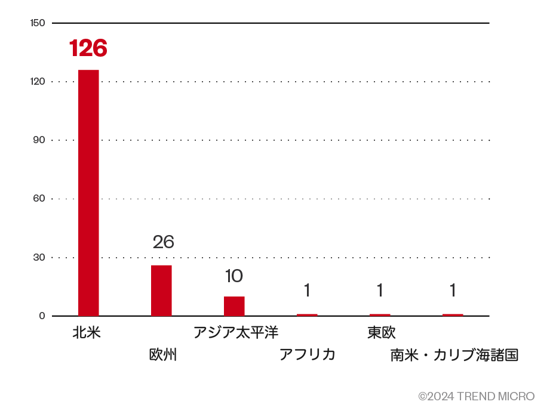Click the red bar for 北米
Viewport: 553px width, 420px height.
pyautogui.click(x=88, y=193)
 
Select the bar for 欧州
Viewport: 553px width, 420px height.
pyautogui.click(x=161, y=291)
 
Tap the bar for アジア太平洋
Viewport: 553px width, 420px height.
pyautogui.click(x=234, y=306)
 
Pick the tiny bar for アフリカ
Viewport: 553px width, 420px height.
pyautogui.click(x=307, y=314)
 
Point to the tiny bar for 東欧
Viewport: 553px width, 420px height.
pyautogui.click(x=380, y=314)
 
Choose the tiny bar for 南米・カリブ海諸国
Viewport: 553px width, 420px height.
pyautogui.click(x=453, y=314)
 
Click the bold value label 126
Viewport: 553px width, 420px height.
pyautogui.click(x=88, y=48)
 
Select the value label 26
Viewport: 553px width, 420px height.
pyautogui.click(x=163, y=242)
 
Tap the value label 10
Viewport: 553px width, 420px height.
pyautogui.click(x=234, y=276)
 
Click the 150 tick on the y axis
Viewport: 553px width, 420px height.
pyautogui.click(x=37, y=23)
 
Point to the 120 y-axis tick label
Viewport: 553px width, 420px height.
pyautogui.click(x=37, y=82)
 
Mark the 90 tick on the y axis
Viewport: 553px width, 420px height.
pyautogui.click(x=39, y=140)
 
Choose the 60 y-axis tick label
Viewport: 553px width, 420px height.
pyautogui.click(x=39, y=199)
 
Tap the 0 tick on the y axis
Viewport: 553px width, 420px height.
pyautogui.click(x=42, y=316)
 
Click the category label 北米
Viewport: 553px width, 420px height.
pyautogui.click(x=87, y=332)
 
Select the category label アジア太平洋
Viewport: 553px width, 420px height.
pyautogui.click(x=235, y=332)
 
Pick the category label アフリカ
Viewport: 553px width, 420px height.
pyautogui.click(x=307, y=354)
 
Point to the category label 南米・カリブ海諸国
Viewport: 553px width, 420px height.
pyautogui.click(x=454, y=356)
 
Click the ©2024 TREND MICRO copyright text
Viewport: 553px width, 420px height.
pyautogui.click(x=476, y=396)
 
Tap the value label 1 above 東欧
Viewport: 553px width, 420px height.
pyautogui.click(x=380, y=291)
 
